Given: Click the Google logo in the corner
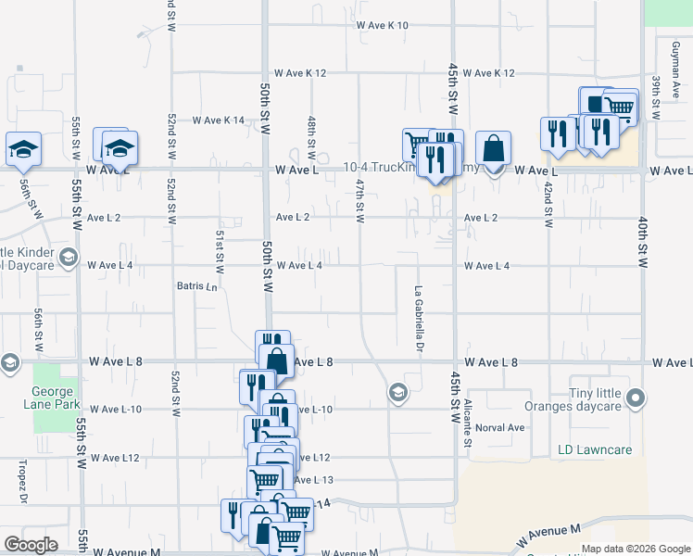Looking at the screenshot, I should [31, 545].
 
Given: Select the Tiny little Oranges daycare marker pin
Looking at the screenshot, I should [635, 399].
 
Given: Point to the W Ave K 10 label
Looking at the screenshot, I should [383, 25].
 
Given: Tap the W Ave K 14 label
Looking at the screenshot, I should [219, 120].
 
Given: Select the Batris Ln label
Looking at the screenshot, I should [197, 286].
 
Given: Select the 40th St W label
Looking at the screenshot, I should [642, 243].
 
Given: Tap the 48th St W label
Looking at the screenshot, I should [311, 134].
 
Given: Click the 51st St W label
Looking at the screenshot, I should [220, 250].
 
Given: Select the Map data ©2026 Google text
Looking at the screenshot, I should [635, 549].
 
